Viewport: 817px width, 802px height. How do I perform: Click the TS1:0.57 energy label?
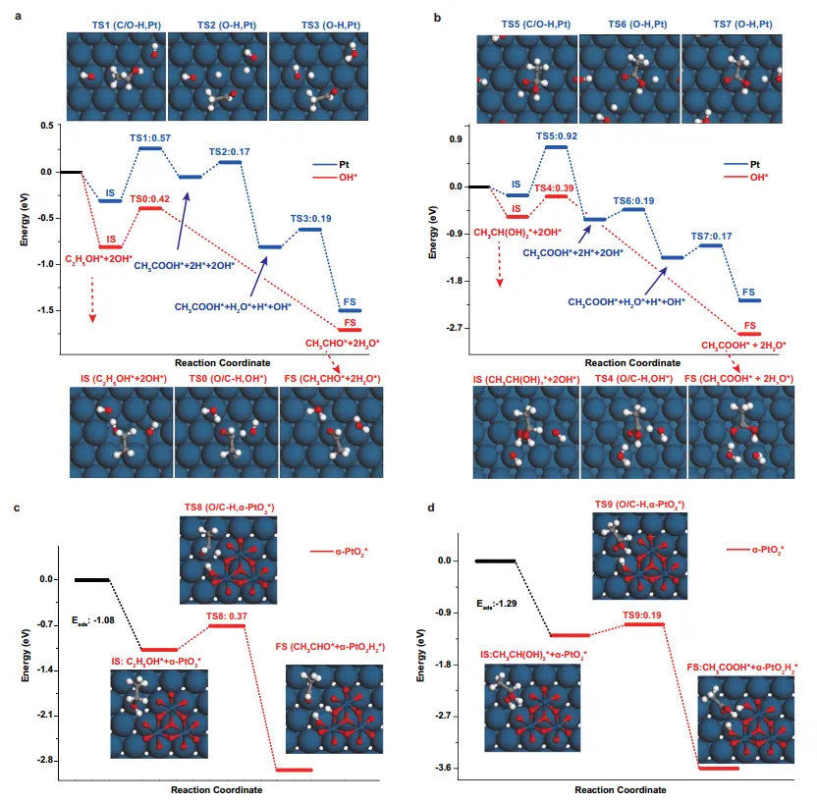pyautogui.click(x=150, y=138)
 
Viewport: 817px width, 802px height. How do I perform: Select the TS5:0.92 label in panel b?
pyautogui.click(x=556, y=135)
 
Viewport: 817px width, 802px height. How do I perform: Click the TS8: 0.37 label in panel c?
pyautogui.click(x=225, y=615)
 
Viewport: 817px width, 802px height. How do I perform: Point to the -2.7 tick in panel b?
pyautogui.click(x=451, y=327)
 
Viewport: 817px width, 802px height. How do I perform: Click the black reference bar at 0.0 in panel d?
pyautogui.click(x=495, y=561)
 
